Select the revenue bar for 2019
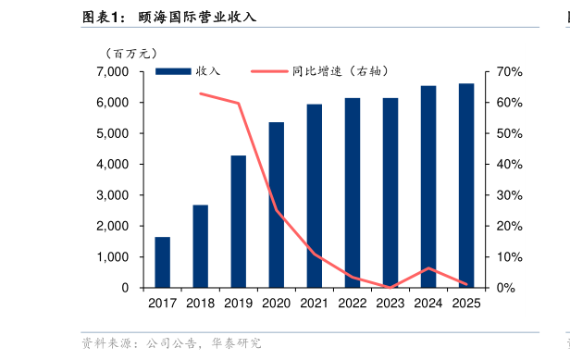[238, 221]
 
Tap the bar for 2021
[315, 195]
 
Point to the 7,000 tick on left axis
[113, 71]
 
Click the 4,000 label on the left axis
[113, 164]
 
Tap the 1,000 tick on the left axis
[113, 256]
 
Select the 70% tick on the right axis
[510, 71]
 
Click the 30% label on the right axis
[510, 195]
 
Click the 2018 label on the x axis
[200, 303]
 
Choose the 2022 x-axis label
[353, 303]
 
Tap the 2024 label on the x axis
[428, 303]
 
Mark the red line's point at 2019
[239, 104]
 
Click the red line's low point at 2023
[390, 287]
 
